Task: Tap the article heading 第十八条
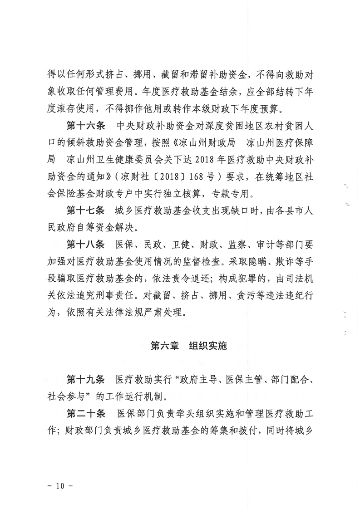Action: click(85, 245)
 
